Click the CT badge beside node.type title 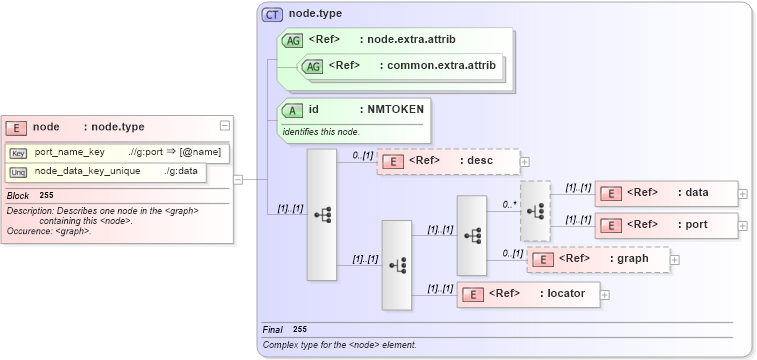[272, 14]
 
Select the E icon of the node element [16, 127]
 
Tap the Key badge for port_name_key [18, 153]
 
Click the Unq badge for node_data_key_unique [18, 172]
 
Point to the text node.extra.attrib [411, 40]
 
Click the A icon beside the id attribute [293, 110]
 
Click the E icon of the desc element [394, 161]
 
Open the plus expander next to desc [525, 161]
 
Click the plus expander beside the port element [742, 225]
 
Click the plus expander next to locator [605, 294]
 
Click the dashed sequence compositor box [535, 211]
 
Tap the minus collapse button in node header [225, 126]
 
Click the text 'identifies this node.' [321, 132]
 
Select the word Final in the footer [272, 329]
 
